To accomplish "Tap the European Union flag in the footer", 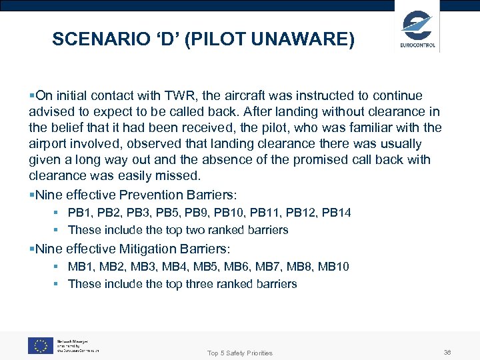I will (40, 345).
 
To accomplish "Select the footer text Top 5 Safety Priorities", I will (239, 353).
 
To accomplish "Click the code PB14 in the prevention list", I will (336, 213).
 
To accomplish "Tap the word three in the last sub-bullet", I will (191, 284).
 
